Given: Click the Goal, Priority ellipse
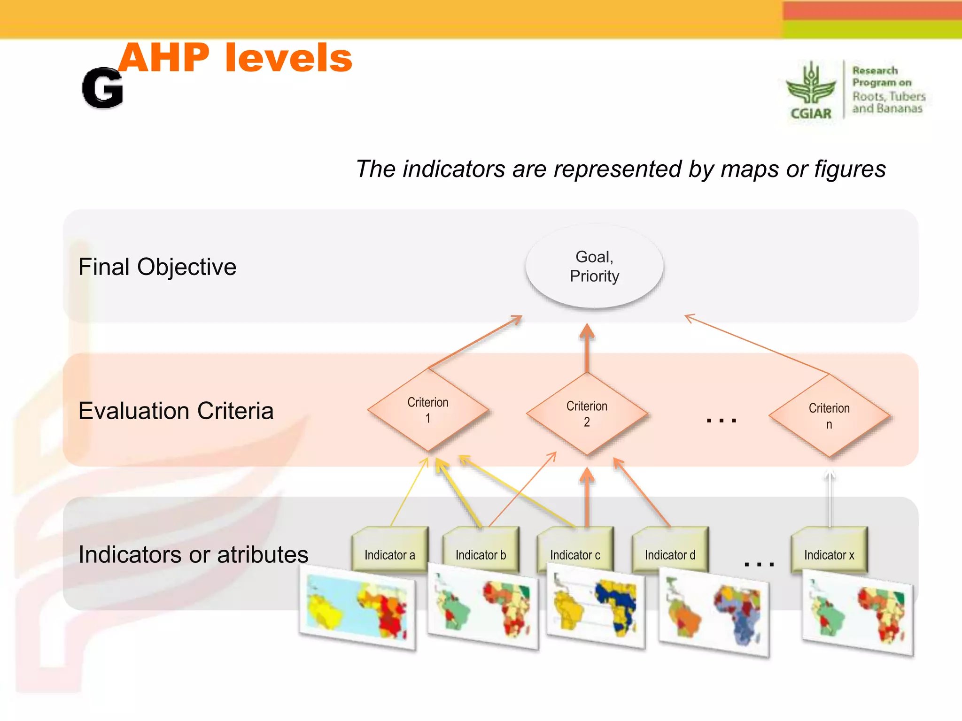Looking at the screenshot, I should (x=594, y=267).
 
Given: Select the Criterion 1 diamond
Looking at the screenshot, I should (x=428, y=410).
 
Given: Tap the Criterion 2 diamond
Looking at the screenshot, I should (x=587, y=414).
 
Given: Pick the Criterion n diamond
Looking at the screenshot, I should (x=829, y=416).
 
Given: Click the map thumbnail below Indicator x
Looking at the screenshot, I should (x=858, y=613).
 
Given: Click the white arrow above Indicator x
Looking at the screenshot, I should (x=830, y=498).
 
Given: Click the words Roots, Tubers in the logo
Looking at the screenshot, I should (x=889, y=96).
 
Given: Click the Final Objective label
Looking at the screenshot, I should (x=157, y=267).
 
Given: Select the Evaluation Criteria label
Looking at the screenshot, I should (x=176, y=411).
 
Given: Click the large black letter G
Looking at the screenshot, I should (x=102, y=88).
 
